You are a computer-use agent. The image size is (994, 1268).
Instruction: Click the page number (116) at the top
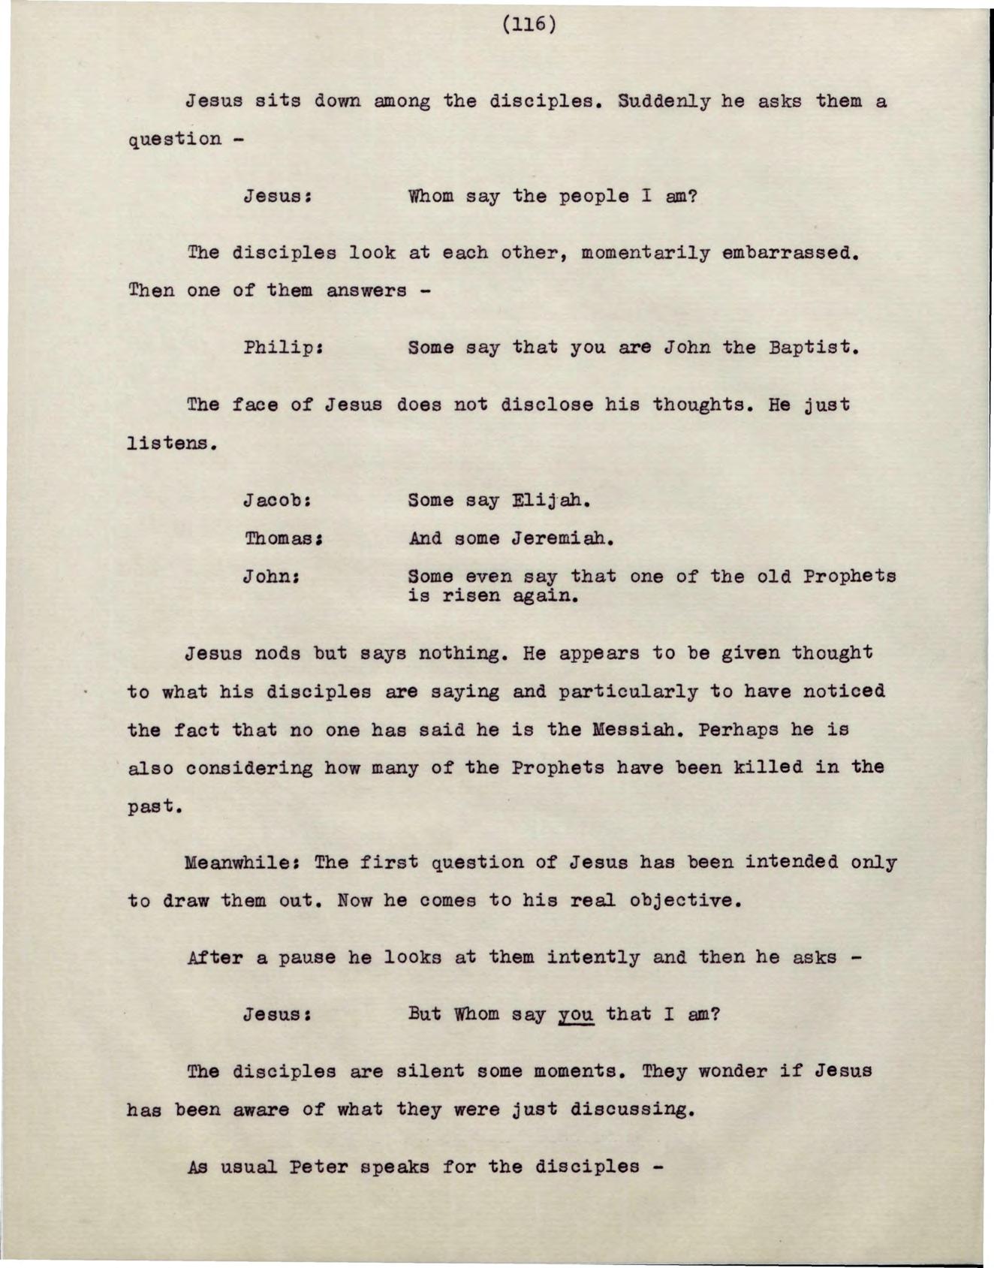pyautogui.click(x=530, y=25)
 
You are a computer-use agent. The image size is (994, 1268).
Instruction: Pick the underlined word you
pyautogui.click(x=576, y=1015)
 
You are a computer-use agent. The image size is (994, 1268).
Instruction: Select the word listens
pyautogui.click(x=172, y=443)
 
